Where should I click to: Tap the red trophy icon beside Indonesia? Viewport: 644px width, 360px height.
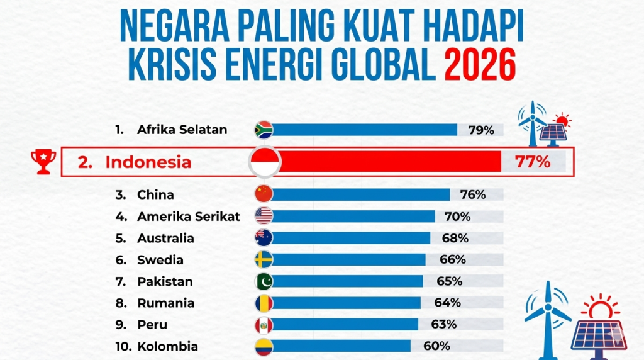(43, 161)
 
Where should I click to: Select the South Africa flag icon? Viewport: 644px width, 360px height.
(263, 130)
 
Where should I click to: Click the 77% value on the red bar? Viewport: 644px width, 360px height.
(532, 162)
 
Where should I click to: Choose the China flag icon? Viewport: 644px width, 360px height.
(263, 194)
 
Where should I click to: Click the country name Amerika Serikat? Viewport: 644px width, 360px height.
(189, 217)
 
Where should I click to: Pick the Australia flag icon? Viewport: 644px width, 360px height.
(263, 238)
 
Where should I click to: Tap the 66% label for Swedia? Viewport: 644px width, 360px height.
(452, 259)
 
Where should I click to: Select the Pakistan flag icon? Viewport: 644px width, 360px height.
(263, 281)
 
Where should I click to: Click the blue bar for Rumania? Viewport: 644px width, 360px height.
(346, 303)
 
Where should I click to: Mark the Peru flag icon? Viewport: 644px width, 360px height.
(263, 325)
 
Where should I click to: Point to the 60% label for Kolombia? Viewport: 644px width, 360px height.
(436, 346)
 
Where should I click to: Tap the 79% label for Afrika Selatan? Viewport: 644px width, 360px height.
(481, 130)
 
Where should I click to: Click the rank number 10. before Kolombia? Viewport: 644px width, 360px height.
(123, 346)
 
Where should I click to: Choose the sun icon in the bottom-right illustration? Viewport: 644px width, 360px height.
(600, 309)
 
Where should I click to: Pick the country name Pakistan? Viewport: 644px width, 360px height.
(165, 281)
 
